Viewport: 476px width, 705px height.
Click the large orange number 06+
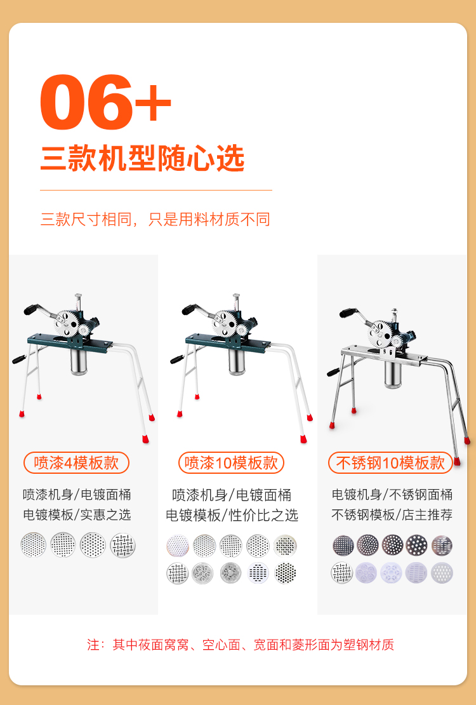coord(105,102)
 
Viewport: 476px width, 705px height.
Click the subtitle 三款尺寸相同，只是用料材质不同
coord(155,219)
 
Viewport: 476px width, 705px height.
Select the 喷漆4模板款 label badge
coord(76,462)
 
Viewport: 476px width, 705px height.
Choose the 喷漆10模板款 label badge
coord(231,462)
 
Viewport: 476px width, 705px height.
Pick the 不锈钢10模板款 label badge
coord(390,462)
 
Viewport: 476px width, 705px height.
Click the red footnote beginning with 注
coord(241,645)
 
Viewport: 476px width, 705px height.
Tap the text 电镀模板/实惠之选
coord(77,514)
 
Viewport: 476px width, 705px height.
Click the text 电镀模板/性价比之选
coord(232,515)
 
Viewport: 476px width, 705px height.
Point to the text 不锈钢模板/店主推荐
coord(392,514)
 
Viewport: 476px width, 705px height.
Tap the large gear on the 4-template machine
coord(67,323)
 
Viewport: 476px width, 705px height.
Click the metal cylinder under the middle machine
coord(237,361)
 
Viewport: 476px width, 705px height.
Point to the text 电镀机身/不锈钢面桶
coord(392,495)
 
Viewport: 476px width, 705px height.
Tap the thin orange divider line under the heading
coord(156,190)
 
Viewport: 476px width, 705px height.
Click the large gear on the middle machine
coord(225,323)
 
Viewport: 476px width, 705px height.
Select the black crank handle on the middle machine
coord(189,309)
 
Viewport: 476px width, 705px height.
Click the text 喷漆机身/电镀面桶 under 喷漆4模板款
coord(77,495)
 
